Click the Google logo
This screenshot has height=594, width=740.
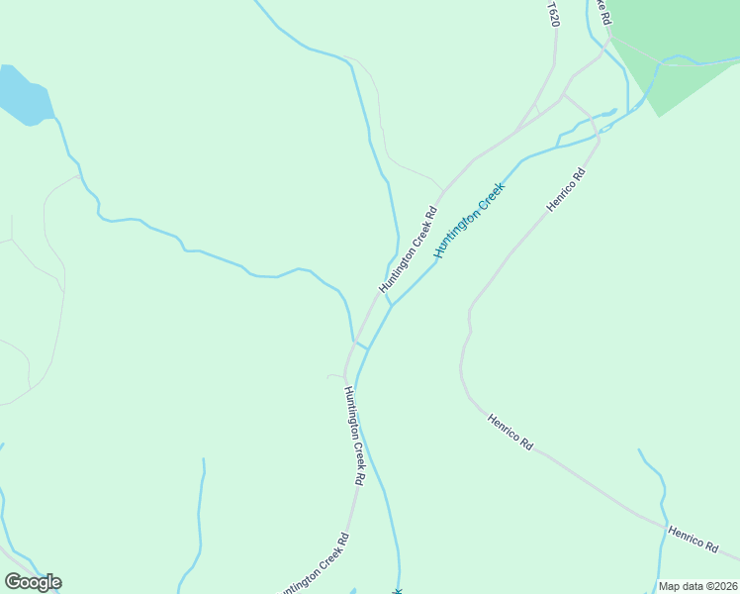[x=33, y=582]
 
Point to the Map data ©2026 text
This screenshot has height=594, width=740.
[x=697, y=586]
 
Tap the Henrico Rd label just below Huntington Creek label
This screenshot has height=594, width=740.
[x=567, y=189]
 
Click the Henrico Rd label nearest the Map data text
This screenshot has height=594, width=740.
[x=693, y=539]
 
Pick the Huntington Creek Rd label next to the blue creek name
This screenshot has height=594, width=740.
[x=408, y=248]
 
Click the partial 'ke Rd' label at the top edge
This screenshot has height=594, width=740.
[x=603, y=10]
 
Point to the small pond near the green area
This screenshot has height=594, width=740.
[x=612, y=110]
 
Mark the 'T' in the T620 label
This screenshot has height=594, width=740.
[x=551, y=5]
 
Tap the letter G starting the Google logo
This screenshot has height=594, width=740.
[x=13, y=582]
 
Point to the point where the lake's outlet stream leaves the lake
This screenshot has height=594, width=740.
[x=55, y=119]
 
